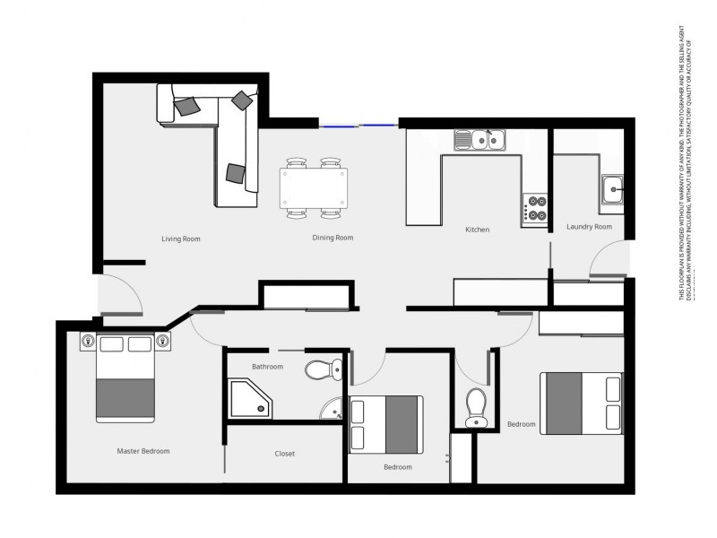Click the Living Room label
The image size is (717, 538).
pyautogui.click(x=180, y=239)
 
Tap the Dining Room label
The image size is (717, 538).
pyautogui.click(x=333, y=239)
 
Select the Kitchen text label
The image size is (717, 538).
pyautogui.click(x=477, y=230)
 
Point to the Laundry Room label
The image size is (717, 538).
pyautogui.click(x=590, y=227)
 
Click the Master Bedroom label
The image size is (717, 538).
pyautogui.click(x=143, y=451)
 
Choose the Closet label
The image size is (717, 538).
pyautogui.click(x=284, y=454)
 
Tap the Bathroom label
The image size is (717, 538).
pyautogui.click(x=267, y=367)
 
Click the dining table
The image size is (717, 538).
pyautogui.click(x=314, y=187)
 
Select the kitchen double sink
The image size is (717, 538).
pyautogui.click(x=480, y=140)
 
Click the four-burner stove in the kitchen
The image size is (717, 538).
pyautogui.click(x=536, y=209)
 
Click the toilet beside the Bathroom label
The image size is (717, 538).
pyautogui.click(x=322, y=368)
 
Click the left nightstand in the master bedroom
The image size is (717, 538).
pyautogui.click(x=88, y=341)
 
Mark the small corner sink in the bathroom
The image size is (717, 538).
pyautogui.click(x=333, y=409)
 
